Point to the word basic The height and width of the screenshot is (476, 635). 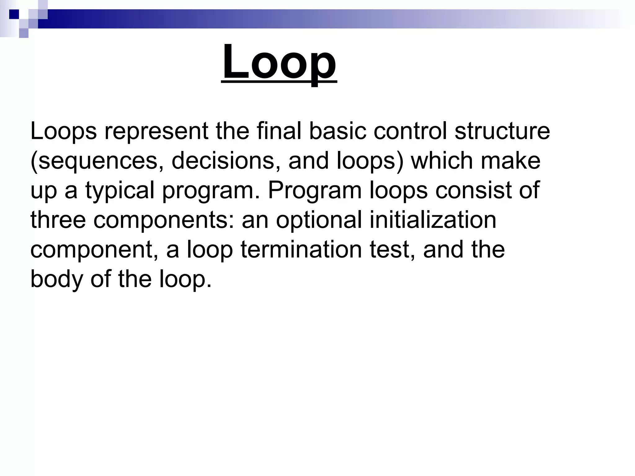point(338,131)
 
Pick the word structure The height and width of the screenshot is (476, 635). point(502,131)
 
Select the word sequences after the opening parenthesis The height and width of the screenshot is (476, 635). point(99,161)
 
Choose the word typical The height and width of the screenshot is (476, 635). point(120,191)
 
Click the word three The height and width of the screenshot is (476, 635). point(58,220)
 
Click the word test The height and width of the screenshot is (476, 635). point(392,250)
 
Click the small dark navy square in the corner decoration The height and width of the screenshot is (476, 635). point(14,14)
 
